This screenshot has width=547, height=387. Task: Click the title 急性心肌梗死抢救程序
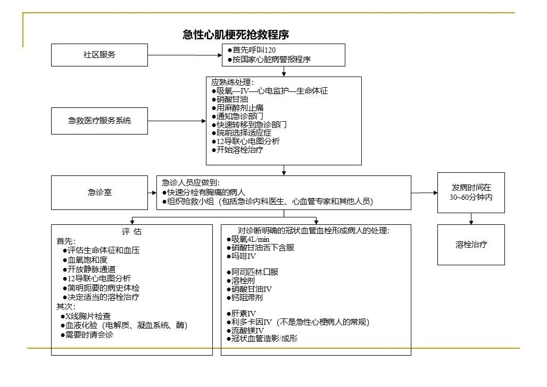click(236, 35)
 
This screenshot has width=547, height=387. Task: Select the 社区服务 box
click(100, 55)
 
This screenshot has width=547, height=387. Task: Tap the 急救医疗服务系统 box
click(100, 121)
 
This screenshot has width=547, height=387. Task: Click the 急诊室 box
click(100, 192)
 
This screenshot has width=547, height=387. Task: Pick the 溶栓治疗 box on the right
click(471, 245)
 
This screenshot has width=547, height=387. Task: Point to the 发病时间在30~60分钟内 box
click(471, 192)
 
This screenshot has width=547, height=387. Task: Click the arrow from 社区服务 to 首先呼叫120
click(185, 55)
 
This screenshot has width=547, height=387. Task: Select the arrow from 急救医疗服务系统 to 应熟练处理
click(177, 121)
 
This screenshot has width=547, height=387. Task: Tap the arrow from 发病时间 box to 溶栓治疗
click(471, 218)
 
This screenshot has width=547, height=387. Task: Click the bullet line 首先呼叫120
click(252, 50)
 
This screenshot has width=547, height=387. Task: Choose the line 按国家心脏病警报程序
click(269, 59)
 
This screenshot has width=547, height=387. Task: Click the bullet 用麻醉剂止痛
click(237, 108)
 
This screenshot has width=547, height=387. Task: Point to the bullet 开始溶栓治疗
click(237, 149)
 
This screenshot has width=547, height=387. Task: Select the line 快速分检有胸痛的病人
click(204, 192)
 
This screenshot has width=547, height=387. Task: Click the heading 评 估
click(131, 231)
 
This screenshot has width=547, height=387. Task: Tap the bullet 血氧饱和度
click(85, 260)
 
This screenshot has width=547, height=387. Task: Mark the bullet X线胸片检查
click(86, 316)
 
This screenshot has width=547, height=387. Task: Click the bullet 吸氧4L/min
click(248, 239)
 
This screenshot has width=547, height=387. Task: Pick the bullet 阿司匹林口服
click(253, 272)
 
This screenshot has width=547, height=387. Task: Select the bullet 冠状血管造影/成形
click(262, 338)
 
